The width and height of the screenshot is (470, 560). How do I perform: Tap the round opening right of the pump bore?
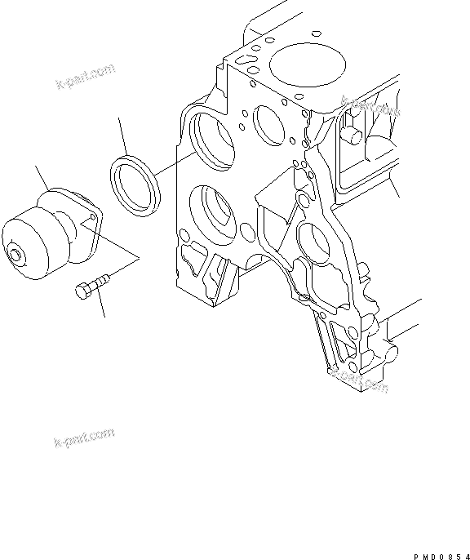[x=268, y=122]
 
